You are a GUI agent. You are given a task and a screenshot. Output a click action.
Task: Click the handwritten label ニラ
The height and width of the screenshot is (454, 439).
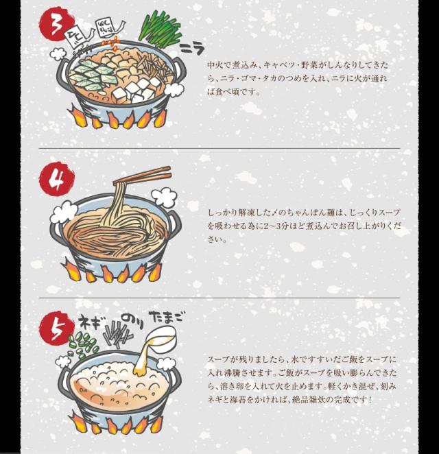tap(192, 49)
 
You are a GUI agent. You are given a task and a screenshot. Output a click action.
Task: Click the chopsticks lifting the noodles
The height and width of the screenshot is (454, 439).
tap(142, 175)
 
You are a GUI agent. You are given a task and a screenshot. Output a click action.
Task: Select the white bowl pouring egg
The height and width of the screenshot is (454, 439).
tap(161, 337)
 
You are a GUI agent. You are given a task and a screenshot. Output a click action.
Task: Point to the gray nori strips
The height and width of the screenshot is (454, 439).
tap(117, 335)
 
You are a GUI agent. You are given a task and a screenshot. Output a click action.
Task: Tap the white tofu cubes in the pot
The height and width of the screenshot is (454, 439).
tap(136, 89)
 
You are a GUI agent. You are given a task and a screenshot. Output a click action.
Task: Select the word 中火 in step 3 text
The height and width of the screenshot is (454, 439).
tap(214, 64)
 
